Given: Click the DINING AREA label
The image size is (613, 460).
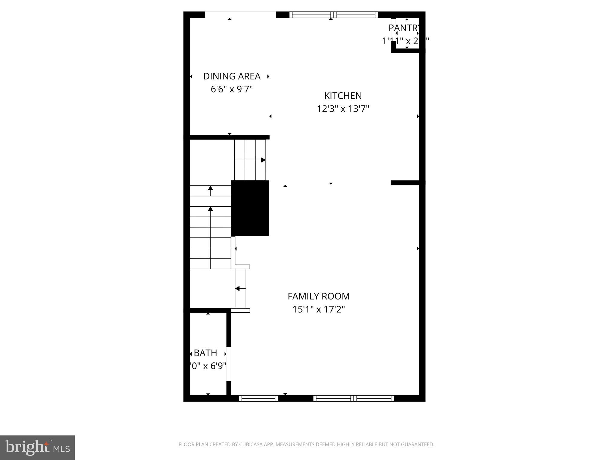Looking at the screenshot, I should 232,76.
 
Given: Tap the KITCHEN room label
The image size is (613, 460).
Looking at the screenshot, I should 343,96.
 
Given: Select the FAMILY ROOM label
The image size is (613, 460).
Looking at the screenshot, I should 318,296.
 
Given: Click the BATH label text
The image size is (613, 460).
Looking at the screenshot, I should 205,353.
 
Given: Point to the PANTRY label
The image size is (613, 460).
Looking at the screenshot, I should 404,28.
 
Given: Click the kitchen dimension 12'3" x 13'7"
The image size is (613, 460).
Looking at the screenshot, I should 343,109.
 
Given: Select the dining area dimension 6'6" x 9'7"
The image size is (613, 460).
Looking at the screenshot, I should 232,89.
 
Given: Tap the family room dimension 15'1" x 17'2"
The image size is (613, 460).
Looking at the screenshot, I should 318,309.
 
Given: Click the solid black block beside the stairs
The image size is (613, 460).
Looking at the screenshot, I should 250,208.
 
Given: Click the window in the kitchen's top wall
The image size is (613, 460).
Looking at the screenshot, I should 333,15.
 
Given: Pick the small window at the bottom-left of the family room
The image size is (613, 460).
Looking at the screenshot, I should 259,398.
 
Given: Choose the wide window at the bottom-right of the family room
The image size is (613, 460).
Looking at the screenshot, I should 353,398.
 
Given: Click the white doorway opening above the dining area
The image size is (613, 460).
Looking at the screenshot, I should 240,15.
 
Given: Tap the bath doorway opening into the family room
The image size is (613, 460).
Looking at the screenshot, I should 229,364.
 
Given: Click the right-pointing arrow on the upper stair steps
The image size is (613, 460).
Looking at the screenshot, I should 263,160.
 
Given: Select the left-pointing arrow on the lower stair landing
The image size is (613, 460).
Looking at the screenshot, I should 237,289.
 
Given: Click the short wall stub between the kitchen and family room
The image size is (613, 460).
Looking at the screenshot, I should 405,182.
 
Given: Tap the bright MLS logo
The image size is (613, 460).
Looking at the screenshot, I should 37,448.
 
